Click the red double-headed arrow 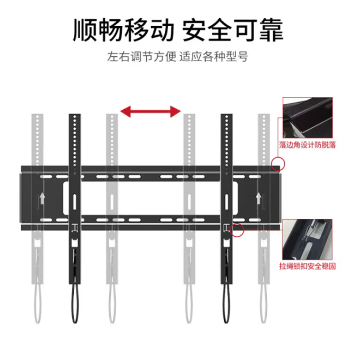pos(150,112)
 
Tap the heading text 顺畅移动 pos(123,30)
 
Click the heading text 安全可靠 pos(233,30)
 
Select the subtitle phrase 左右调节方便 pos(142,57)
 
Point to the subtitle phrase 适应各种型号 pos(214,57)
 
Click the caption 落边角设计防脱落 pos(307,145)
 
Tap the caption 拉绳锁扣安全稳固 pos(307,266)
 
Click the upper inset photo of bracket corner pos(308,118)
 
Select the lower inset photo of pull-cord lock pos(307,239)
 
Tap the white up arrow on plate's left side pos(42,198)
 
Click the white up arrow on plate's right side pos(258,198)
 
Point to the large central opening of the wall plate pos(150,198)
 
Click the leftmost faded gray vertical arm pos(37,199)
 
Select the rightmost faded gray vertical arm pos(264,199)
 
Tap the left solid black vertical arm pos(75,199)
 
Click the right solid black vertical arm pos(227,199)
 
